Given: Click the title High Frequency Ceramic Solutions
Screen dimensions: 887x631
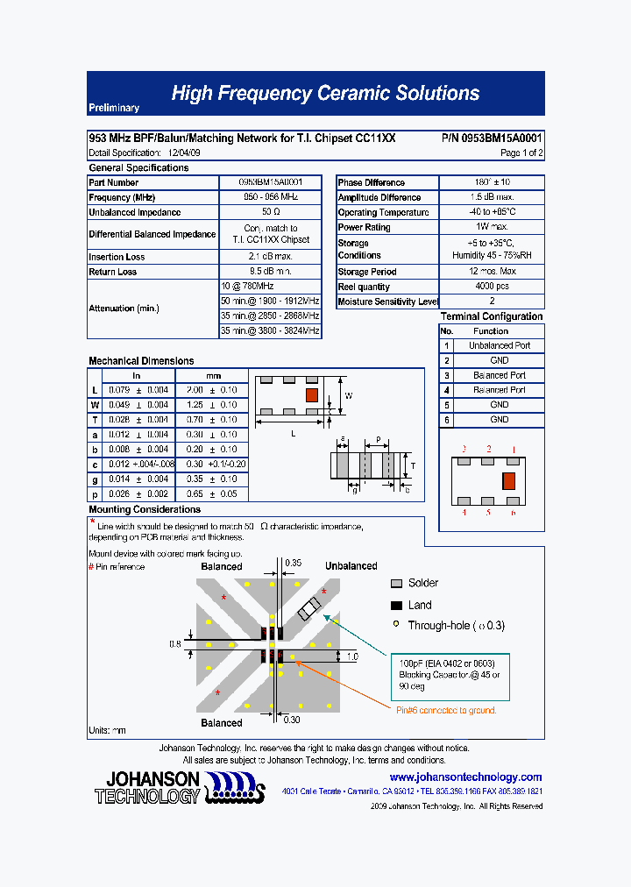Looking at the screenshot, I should tap(325, 93).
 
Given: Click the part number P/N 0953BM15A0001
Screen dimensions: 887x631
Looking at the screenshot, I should tap(492, 138).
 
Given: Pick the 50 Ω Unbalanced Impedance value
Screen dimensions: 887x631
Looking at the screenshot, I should tap(270, 212).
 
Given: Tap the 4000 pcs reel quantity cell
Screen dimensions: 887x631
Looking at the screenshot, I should tap(492, 287).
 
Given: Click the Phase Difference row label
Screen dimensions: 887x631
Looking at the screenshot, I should tap(372, 182).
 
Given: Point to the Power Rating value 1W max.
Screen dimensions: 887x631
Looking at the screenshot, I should tap(492, 227).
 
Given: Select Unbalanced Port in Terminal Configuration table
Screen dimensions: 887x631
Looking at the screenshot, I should tap(499, 345).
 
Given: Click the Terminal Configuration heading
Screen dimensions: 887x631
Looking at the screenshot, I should tap(492, 316).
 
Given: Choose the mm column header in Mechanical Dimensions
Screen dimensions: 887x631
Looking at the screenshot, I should tap(213, 375).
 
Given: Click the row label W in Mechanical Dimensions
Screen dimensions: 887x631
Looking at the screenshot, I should tap(95, 405).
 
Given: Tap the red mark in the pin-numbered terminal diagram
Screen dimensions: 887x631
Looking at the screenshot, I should tap(508, 480).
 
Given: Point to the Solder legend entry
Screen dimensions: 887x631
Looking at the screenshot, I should tap(423, 583).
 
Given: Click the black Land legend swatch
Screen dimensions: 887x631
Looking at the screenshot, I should tap(396, 606).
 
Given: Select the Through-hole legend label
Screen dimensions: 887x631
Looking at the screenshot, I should tap(456, 626).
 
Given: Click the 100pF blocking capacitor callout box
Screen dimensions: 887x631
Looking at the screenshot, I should tap(450, 675).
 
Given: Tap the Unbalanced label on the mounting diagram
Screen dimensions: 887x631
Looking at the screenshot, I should tap(351, 566).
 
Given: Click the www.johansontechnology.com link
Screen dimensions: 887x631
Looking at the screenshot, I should tap(465, 777).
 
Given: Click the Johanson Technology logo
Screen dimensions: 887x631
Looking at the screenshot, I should tap(180, 788).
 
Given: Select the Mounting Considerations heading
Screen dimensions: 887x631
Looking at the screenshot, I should tap(145, 509).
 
